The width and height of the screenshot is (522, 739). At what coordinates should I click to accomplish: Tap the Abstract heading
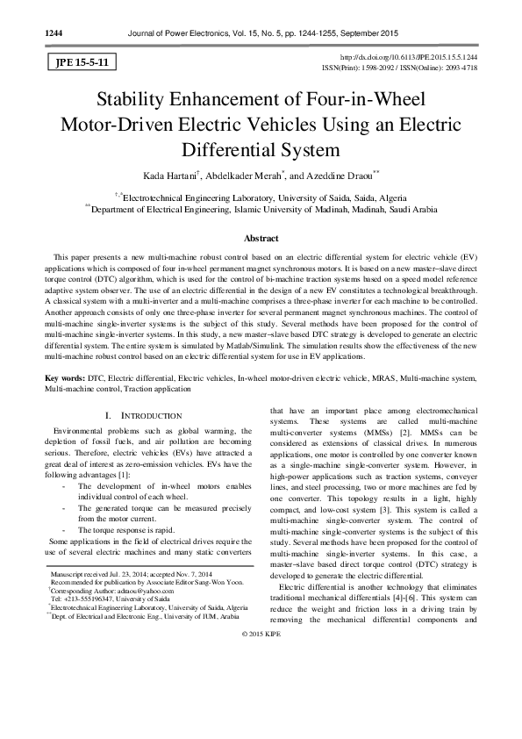(x=261, y=239)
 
